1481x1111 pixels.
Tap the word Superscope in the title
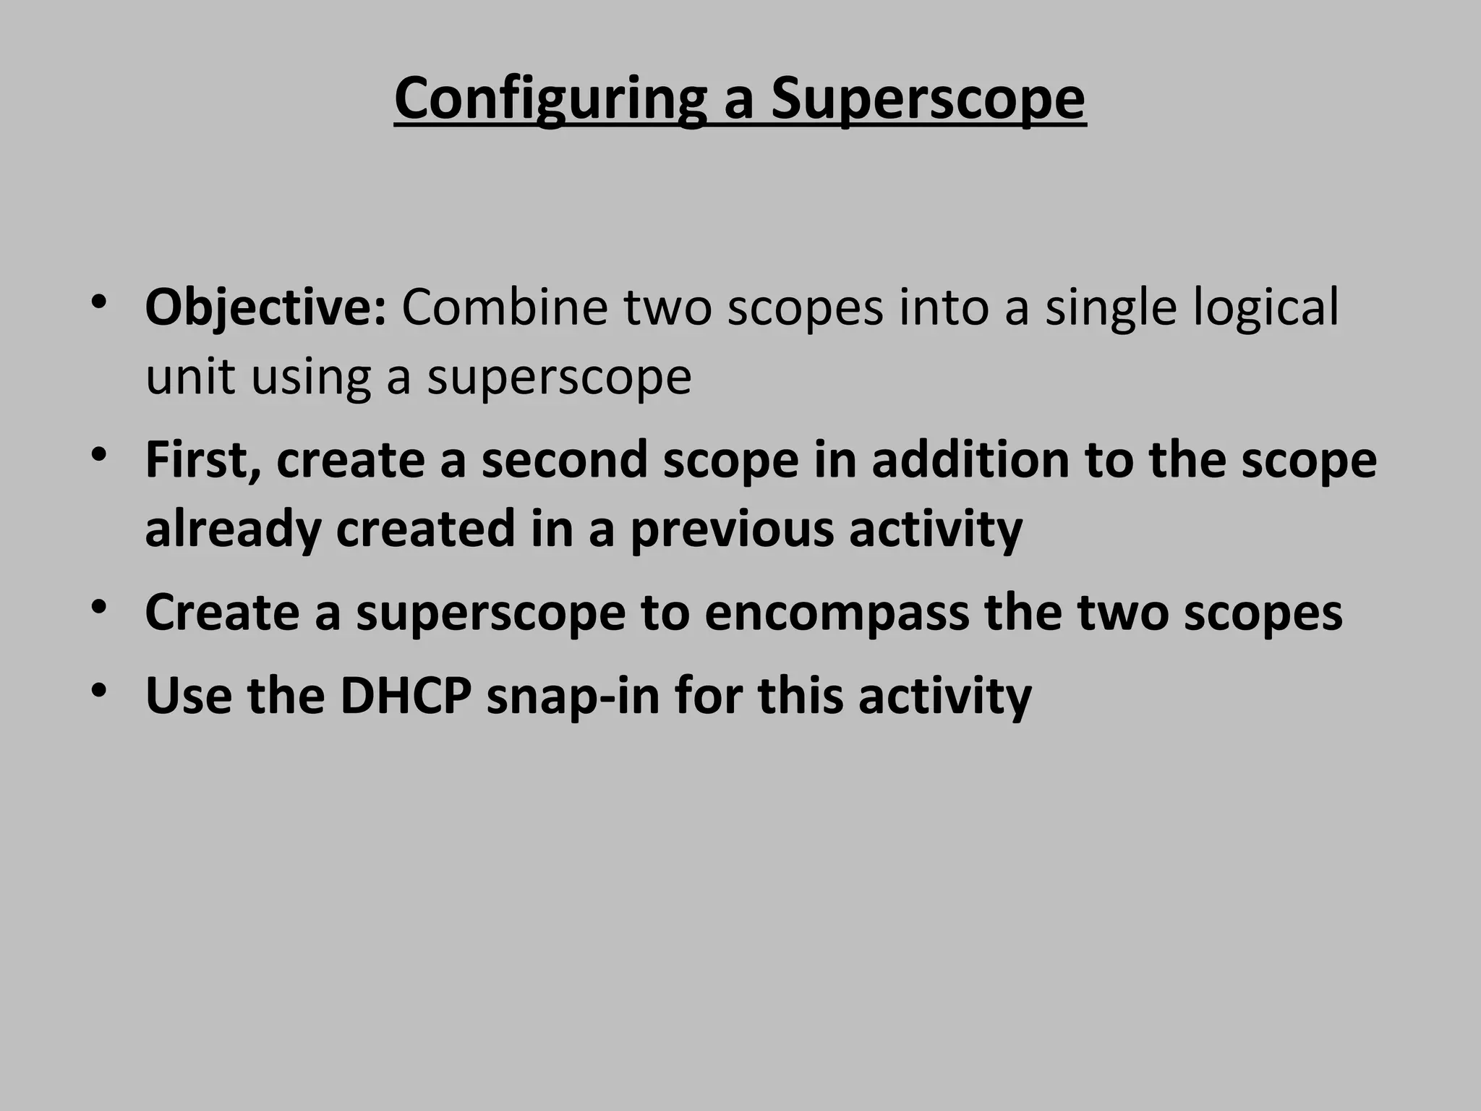coord(927,100)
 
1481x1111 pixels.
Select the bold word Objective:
coord(266,307)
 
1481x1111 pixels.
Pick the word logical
coord(1266,307)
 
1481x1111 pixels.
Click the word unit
coord(189,377)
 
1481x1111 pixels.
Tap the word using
coord(311,377)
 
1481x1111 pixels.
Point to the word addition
coord(970,460)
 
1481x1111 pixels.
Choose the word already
coord(233,529)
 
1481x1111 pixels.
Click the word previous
coord(732,529)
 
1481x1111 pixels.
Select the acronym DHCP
coord(406,696)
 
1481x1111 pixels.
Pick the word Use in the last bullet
coord(189,696)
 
